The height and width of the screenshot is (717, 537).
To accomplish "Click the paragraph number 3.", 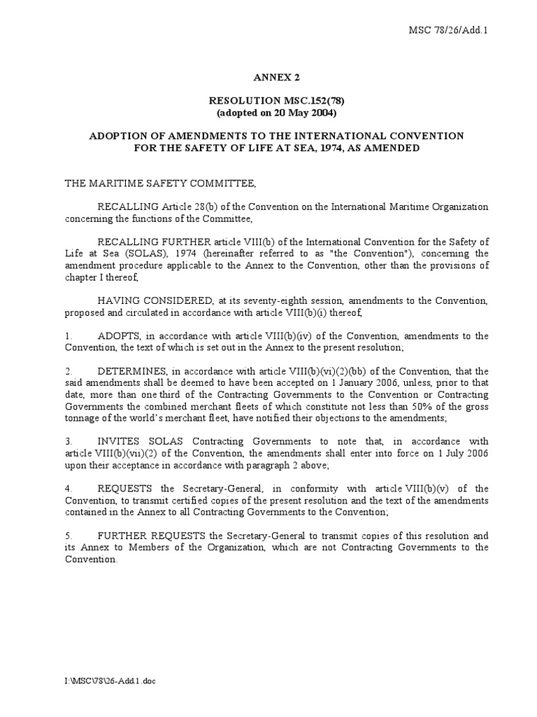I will pyautogui.click(x=69, y=442).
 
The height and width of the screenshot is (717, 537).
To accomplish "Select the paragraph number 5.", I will pyautogui.click(x=69, y=536).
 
